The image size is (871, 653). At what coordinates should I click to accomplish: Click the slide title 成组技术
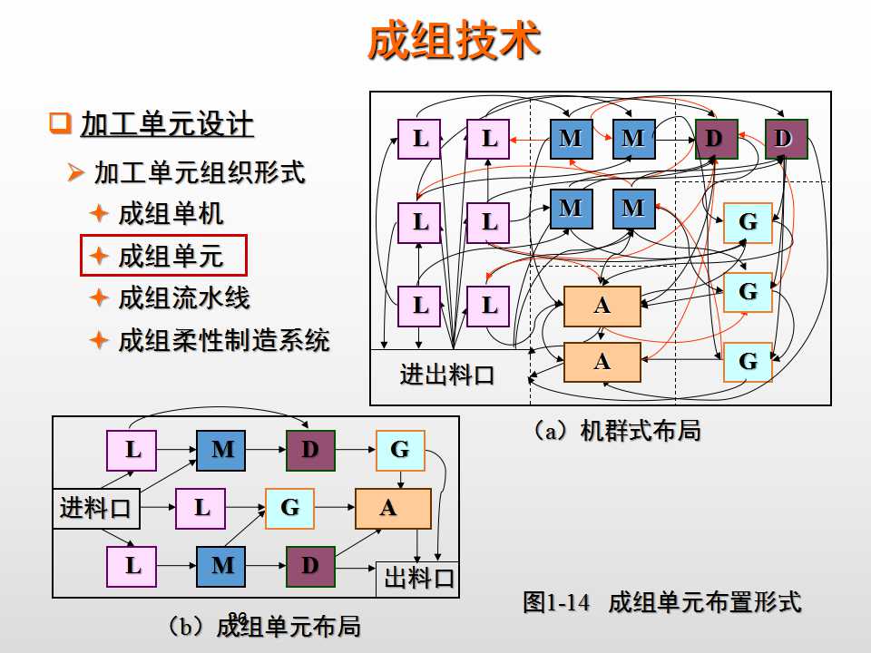point(454,42)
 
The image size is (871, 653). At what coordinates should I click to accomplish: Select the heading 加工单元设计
point(167,123)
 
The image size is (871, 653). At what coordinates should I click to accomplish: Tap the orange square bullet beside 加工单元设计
point(60,122)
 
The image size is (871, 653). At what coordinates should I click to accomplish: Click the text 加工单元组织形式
point(200,171)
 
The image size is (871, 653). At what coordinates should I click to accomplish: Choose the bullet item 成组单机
point(171,214)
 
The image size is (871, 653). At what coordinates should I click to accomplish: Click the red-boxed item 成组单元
point(170,257)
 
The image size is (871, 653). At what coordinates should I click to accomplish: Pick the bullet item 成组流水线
point(183,298)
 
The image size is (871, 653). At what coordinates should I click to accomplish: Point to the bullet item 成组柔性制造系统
point(223,341)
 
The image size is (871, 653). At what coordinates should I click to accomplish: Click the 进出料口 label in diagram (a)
point(448,375)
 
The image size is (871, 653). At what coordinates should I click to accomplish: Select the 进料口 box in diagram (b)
point(96,508)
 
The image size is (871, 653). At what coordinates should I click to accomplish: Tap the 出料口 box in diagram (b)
point(418,579)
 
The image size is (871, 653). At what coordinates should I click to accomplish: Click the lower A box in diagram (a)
point(602,362)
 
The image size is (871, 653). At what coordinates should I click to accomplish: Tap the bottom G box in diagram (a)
point(748,362)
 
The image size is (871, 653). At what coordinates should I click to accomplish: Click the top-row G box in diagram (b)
point(400,451)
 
